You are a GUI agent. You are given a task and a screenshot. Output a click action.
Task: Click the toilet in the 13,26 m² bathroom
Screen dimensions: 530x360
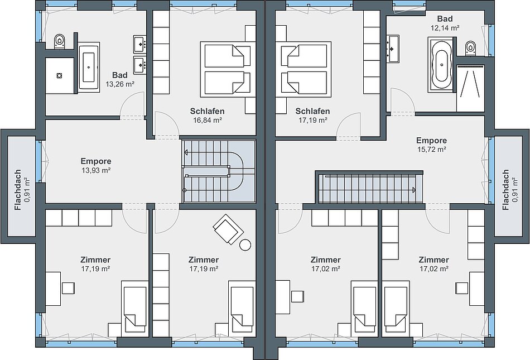coord(60,41)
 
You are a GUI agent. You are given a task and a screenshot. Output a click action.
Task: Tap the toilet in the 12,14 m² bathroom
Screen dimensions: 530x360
coord(470,47)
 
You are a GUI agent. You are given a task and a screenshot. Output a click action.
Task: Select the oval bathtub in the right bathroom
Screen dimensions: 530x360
coord(441,65)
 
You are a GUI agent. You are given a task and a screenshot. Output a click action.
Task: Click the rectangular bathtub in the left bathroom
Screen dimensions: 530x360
coord(89,67)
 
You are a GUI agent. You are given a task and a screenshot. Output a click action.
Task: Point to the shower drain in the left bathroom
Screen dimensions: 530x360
coord(60,76)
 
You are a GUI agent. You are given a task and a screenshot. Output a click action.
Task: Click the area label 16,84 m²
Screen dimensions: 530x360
coord(208,120)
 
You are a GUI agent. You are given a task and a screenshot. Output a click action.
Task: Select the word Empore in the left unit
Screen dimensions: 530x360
coord(96,161)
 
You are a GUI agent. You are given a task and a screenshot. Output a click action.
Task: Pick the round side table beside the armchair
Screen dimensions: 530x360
coord(245,244)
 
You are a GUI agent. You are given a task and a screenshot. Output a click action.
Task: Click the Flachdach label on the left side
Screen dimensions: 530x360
coord(18,190)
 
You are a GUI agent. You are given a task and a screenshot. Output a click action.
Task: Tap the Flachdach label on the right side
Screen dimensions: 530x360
coord(505,190)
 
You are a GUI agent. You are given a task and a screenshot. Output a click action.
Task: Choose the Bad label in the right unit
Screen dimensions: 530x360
coord(445,18)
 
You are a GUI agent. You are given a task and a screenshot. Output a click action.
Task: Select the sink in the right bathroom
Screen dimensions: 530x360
coord(392,49)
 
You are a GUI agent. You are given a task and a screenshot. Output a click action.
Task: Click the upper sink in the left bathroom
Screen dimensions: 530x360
coord(139,44)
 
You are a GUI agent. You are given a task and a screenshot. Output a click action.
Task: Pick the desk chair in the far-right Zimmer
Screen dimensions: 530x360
coord(462,288)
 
